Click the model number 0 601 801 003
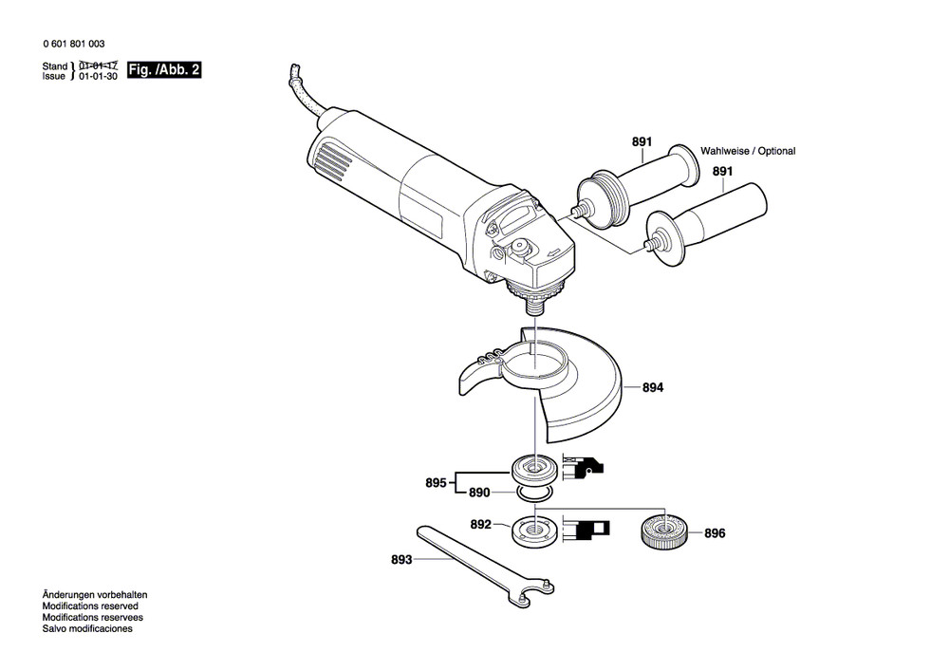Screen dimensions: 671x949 point(74,45)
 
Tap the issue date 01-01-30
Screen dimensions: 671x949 point(98,77)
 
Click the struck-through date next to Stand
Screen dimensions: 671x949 point(98,65)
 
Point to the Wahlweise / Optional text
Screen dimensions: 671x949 point(748,151)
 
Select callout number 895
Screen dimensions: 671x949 point(436,483)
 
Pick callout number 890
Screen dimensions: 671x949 point(479,494)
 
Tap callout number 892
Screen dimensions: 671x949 point(480,524)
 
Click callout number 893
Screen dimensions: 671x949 point(401,560)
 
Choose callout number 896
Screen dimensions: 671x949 point(714,534)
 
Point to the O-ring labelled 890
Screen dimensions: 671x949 point(533,494)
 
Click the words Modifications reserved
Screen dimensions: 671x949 point(90,606)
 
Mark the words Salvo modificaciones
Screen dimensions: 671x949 point(87,628)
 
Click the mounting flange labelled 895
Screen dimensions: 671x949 point(533,468)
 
